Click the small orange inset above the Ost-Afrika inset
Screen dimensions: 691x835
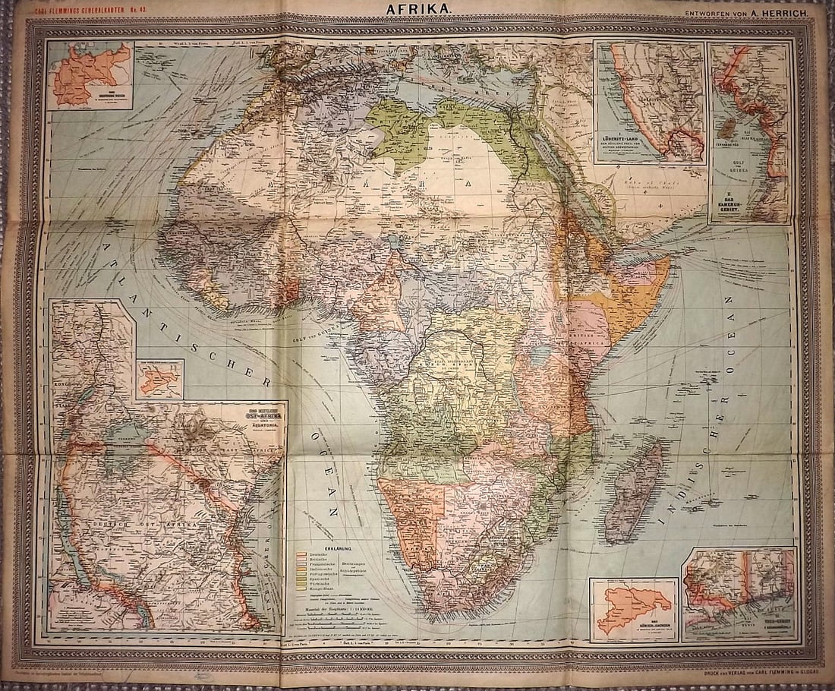[160, 378]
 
